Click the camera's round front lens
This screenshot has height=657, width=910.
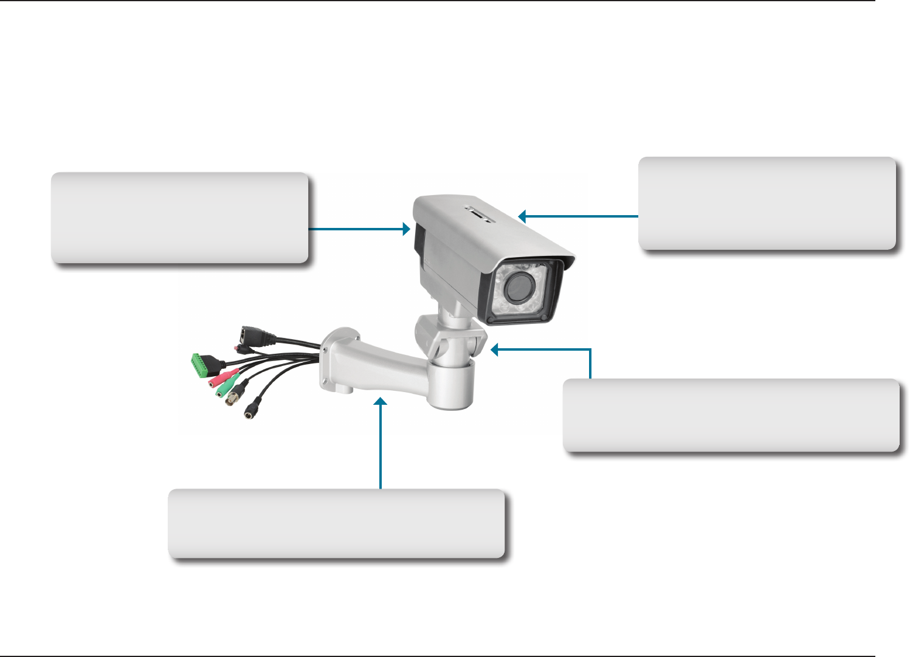[x=518, y=288]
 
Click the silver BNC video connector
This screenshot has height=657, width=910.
[x=233, y=398]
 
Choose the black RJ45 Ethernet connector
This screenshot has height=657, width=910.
[x=249, y=334]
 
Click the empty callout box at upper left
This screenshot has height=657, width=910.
[x=179, y=218]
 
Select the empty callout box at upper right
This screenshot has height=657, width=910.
[x=767, y=203]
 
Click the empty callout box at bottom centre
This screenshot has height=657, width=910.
[x=336, y=523]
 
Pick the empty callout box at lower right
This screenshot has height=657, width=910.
[x=731, y=415]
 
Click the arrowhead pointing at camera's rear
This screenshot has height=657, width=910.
[x=406, y=229]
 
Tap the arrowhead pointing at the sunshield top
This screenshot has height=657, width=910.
[x=522, y=216]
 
